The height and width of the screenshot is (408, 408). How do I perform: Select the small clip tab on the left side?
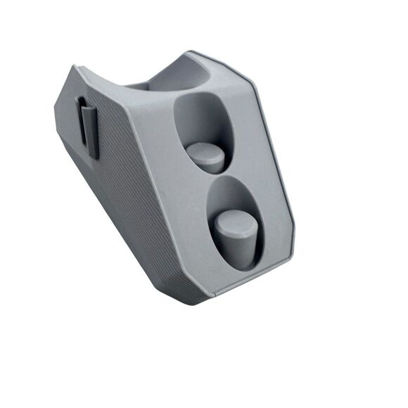pyautogui.click(x=87, y=127)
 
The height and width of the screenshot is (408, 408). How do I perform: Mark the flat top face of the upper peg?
pyautogui.click(x=205, y=150)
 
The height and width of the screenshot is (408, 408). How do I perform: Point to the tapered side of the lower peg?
pyautogui.click(x=239, y=250)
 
